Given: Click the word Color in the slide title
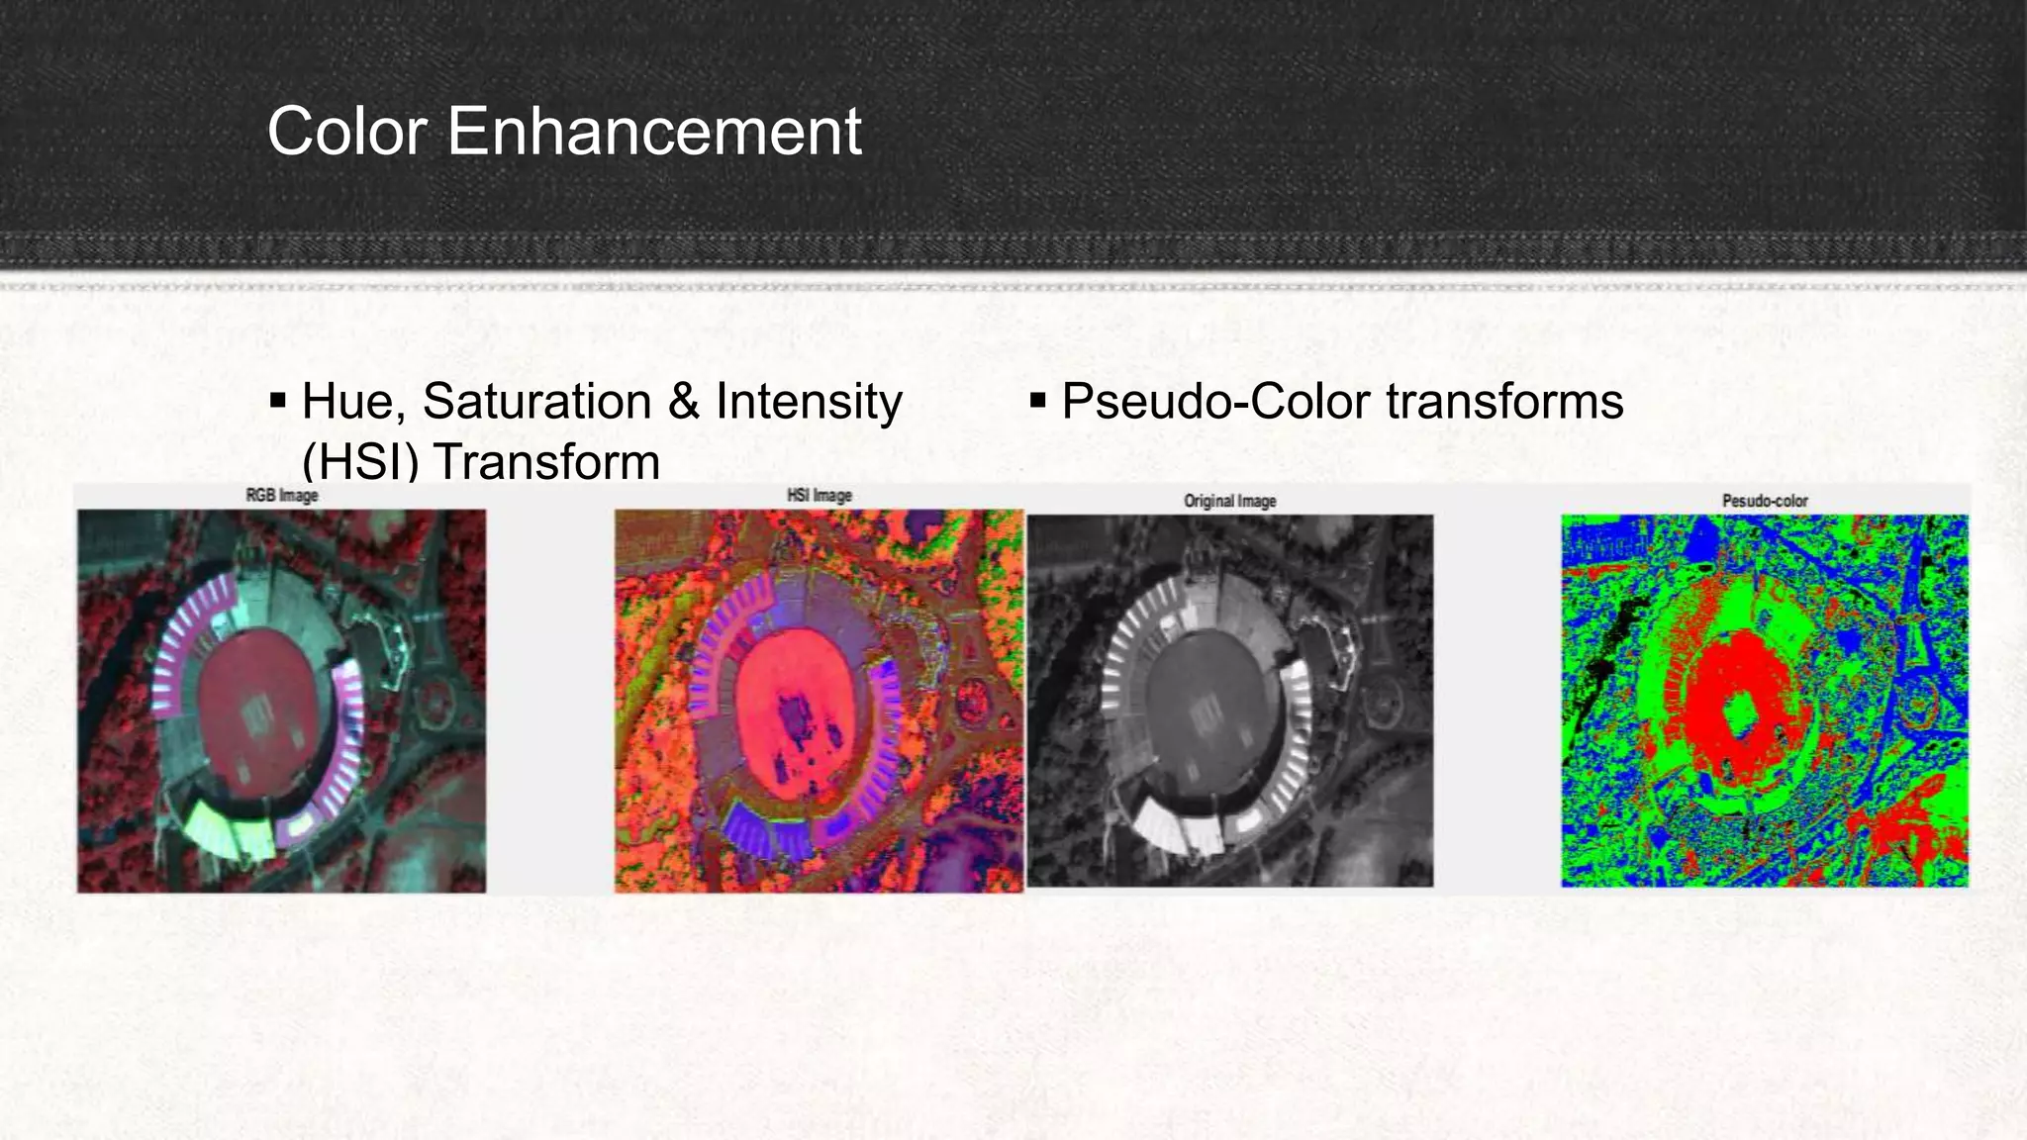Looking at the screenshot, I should click(x=349, y=132).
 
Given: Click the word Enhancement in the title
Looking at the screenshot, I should click(x=654, y=132).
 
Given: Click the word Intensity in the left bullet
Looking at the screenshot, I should click(x=809, y=402).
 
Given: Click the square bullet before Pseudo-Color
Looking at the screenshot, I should click(x=1037, y=401).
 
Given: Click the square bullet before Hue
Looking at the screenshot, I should click(x=278, y=401).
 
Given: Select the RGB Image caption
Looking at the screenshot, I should click(x=282, y=495).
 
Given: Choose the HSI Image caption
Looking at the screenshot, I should click(x=819, y=495).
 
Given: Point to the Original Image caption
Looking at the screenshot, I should click(x=1229, y=501).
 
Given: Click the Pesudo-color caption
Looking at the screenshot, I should click(x=1765, y=501).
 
